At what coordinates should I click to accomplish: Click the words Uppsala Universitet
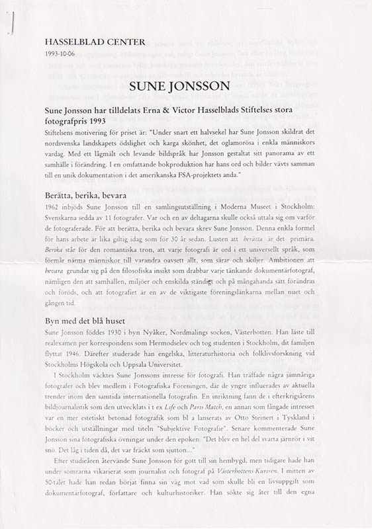pos(163,365)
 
